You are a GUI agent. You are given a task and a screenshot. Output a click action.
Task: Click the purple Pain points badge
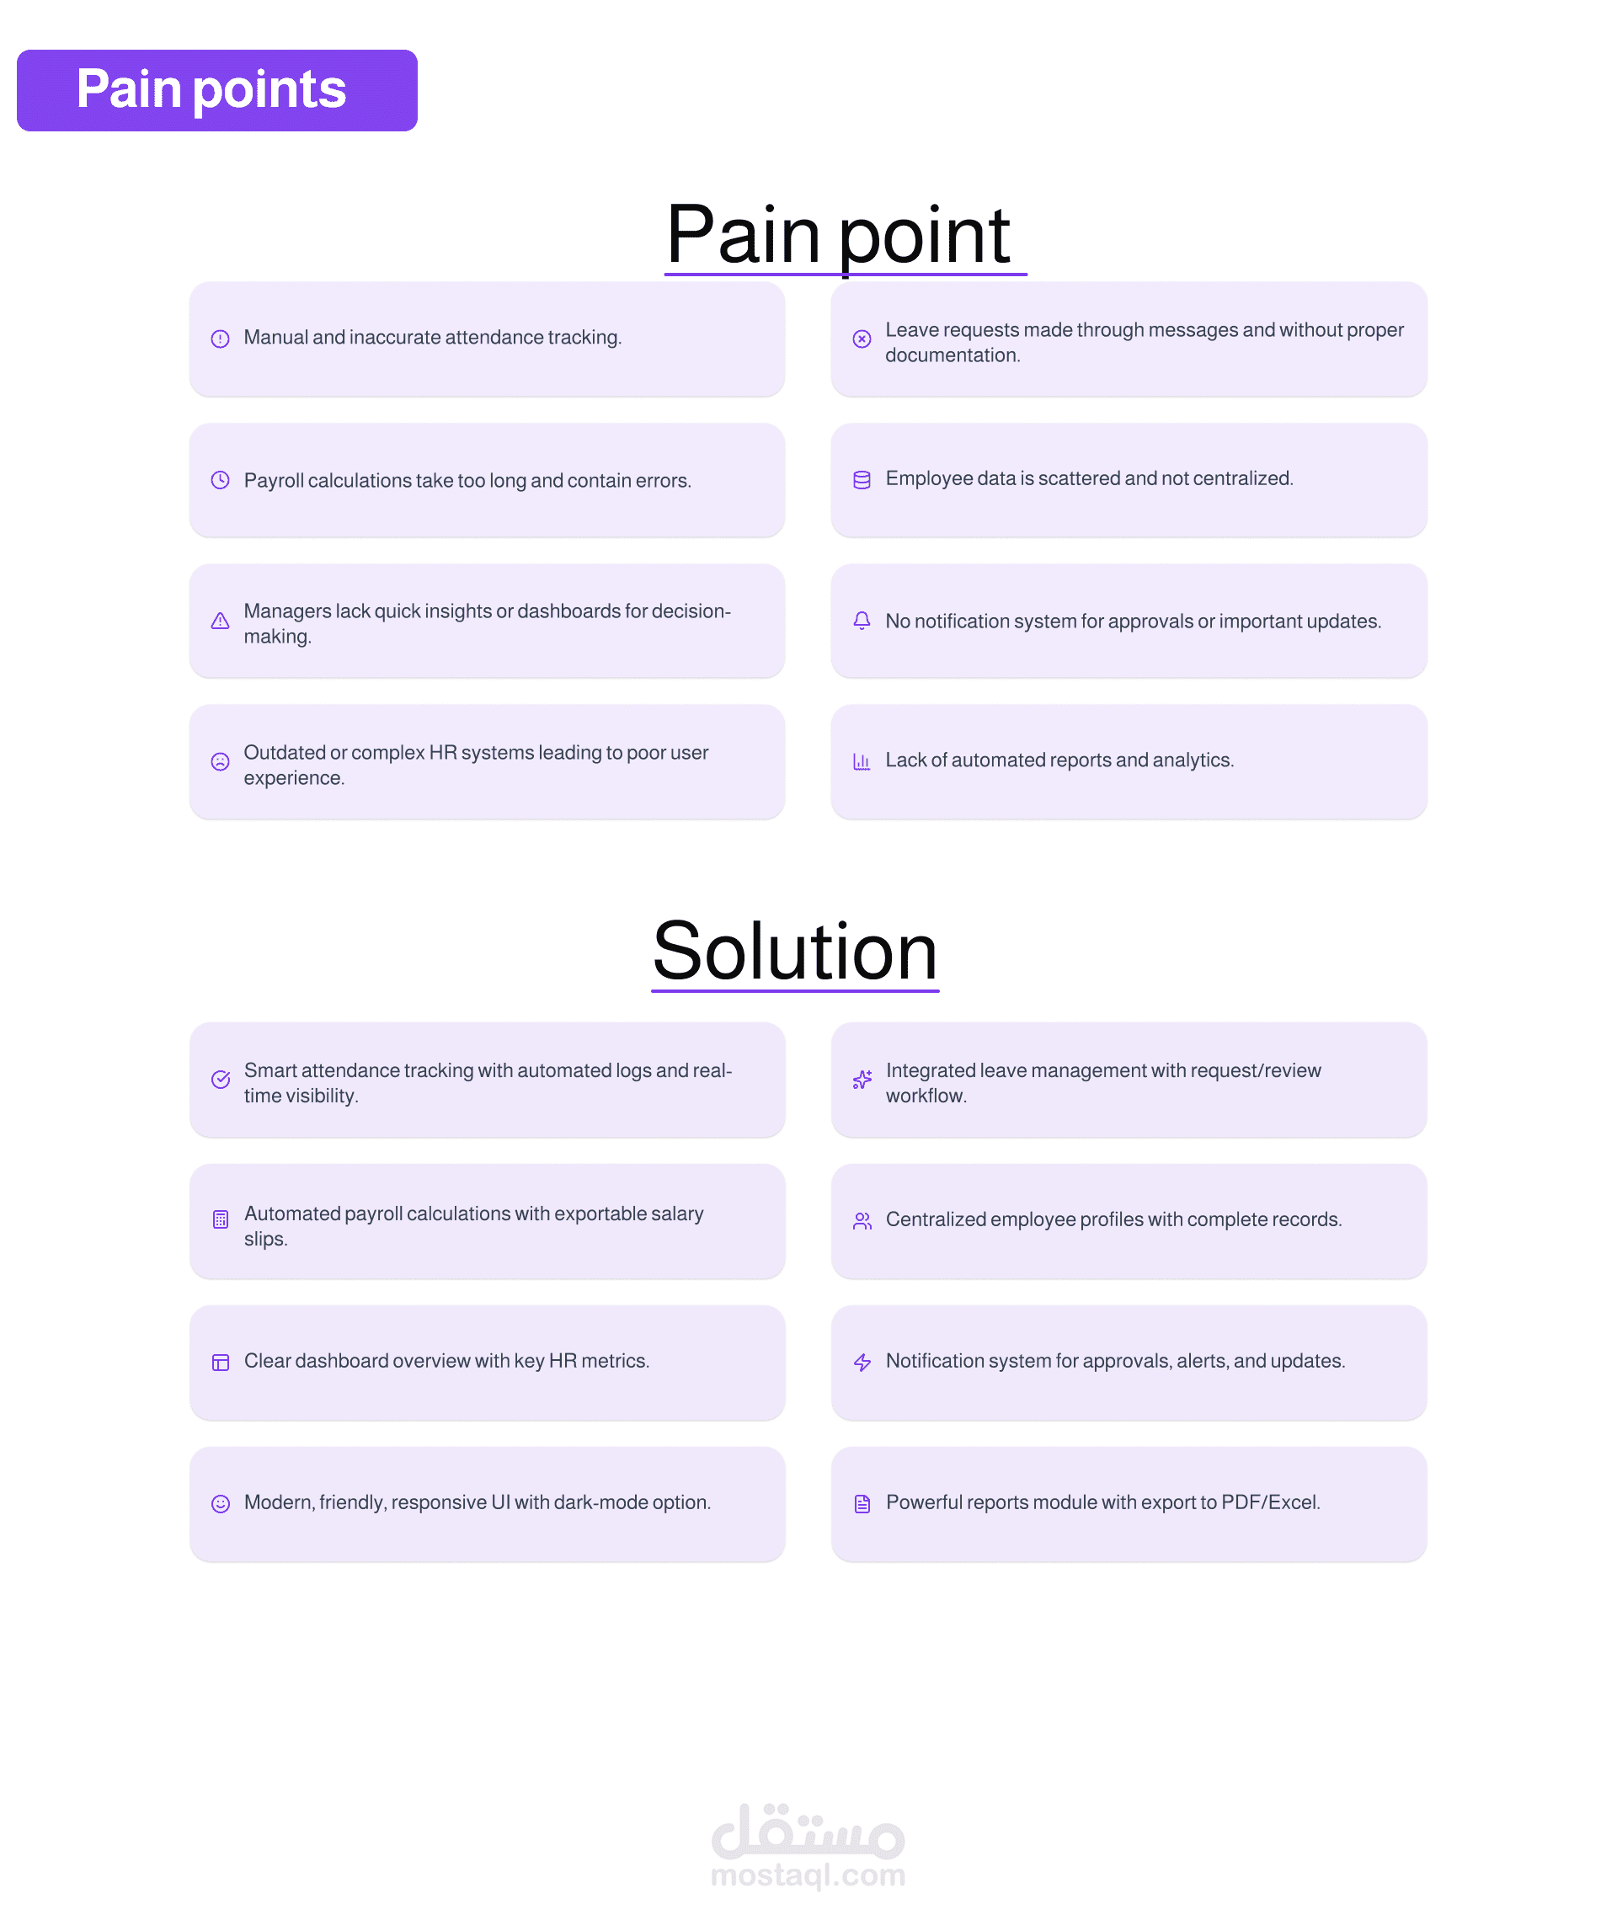pyautogui.click(x=217, y=90)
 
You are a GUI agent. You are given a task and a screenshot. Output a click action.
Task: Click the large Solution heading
pyautogui.click(x=795, y=952)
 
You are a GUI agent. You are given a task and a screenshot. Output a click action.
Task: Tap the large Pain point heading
pyautogui.click(x=838, y=236)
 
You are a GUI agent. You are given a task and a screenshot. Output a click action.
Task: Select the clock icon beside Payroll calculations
pyautogui.click(x=220, y=480)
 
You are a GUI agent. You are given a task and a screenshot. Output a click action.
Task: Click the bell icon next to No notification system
pyautogui.click(x=862, y=621)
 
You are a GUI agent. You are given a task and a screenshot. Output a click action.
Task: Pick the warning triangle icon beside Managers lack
pyautogui.click(x=220, y=621)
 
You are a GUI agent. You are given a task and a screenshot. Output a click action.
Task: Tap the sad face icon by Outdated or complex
pyautogui.click(x=220, y=762)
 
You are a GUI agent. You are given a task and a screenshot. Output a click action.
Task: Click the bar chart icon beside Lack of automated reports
pyautogui.click(x=862, y=761)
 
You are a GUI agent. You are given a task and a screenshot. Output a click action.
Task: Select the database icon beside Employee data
pyautogui.click(x=862, y=480)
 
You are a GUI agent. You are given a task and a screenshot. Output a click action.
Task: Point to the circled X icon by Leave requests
pyautogui.click(x=862, y=339)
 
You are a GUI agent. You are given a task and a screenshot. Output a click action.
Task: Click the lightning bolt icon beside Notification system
pyautogui.click(x=862, y=1362)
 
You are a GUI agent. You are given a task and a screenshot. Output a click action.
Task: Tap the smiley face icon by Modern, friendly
pyautogui.click(x=220, y=1503)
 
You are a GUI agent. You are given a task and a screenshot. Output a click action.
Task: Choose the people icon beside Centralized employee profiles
pyautogui.click(x=862, y=1221)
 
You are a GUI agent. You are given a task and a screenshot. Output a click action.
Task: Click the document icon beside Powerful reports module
pyautogui.click(x=862, y=1503)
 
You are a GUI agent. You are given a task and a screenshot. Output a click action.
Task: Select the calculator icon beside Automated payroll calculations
pyautogui.click(x=220, y=1220)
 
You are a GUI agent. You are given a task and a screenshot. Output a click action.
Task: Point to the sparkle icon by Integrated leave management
pyautogui.click(x=862, y=1080)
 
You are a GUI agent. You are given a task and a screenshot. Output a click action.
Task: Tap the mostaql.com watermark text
pyautogui.click(x=808, y=1874)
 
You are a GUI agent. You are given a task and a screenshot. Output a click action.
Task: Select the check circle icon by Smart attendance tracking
pyautogui.click(x=220, y=1080)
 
